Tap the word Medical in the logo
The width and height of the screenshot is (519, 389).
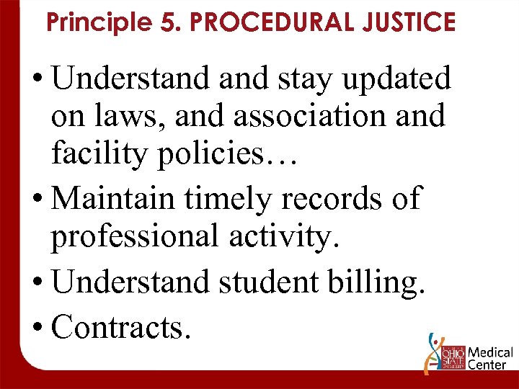click(491, 353)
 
